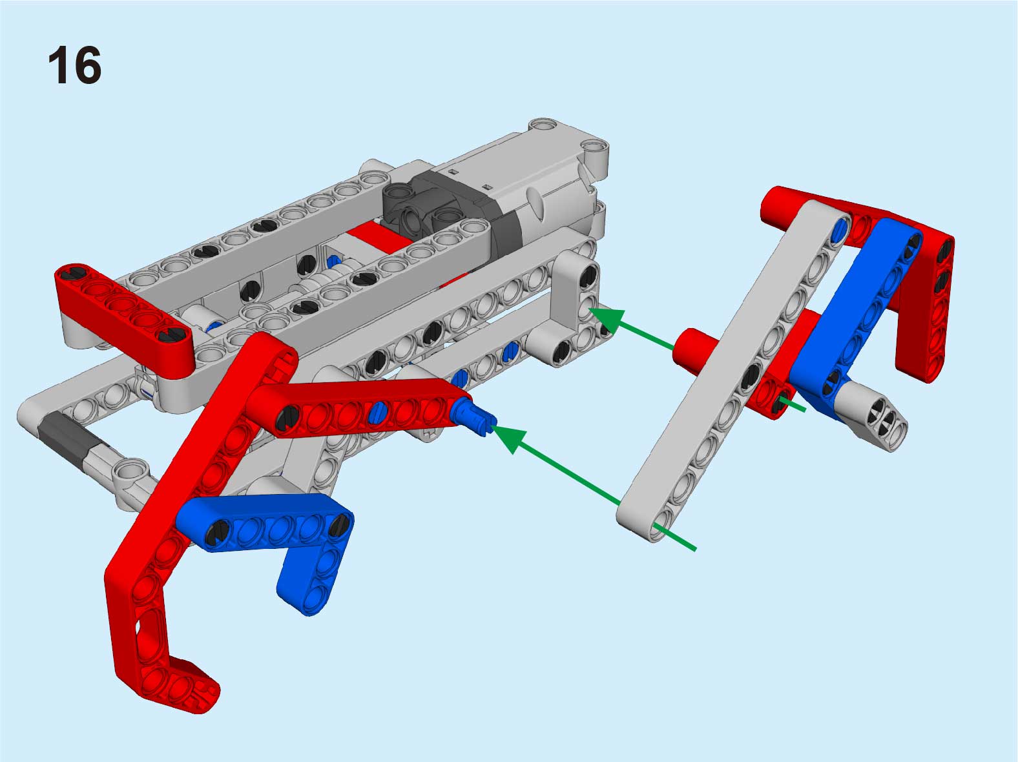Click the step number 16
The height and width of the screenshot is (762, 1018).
coord(74,65)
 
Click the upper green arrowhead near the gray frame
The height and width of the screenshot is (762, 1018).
coord(607,320)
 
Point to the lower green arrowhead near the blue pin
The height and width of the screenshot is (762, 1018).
coord(510,438)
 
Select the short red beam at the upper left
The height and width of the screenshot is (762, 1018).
coord(123,314)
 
